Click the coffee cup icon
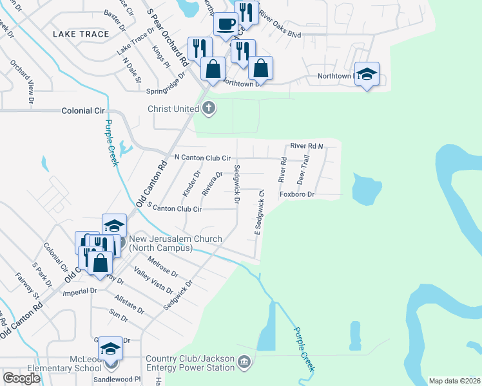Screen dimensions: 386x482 pos(226,24)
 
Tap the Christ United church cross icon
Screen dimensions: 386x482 pos(208,109)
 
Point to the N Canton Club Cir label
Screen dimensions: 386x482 pos(202,157)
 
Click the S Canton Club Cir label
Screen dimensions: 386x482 pos(175,208)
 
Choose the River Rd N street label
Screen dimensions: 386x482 pos(305,146)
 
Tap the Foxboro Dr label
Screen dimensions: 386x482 pos(296,194)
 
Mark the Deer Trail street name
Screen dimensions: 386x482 pos(303,168)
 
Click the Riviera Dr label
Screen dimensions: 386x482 pos(212,184)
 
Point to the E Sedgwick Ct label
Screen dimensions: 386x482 pos(260,216)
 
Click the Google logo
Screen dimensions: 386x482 pos(21,378)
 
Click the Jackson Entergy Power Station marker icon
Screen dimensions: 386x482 pos(242,362)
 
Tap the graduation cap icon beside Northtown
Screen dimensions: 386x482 pos(367,74)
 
